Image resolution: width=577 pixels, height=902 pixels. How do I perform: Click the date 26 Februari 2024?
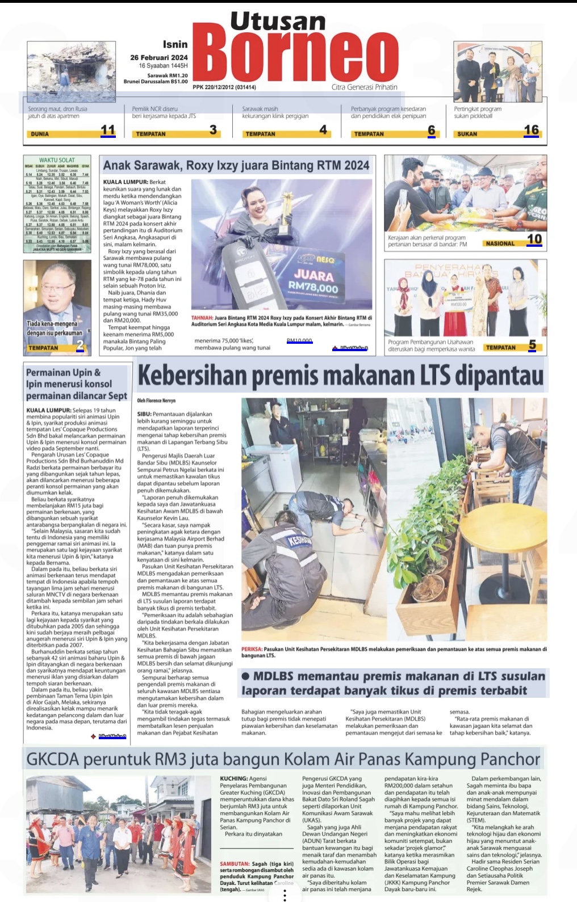[158, 57]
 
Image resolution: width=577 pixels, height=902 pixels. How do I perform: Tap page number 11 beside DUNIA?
[108, 130]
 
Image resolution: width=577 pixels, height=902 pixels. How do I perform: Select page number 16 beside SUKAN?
[531, 130]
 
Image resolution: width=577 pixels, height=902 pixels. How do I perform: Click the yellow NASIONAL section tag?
[500, 243]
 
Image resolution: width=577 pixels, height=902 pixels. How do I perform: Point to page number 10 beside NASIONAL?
[534, 239]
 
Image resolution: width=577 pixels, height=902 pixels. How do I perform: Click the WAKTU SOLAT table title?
[57, 160]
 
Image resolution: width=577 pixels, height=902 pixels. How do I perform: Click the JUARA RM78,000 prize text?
[313, 281]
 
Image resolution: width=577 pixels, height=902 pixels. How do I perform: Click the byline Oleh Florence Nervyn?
[156, 401]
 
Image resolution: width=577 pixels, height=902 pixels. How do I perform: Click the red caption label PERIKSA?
[252, 649]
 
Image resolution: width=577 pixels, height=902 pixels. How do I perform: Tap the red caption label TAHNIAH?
[202, 318]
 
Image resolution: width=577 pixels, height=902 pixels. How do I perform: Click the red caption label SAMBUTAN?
[234, 864]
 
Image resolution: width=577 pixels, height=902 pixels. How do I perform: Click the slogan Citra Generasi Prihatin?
[364, 87]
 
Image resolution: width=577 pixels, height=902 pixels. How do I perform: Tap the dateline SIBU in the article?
[144, 414]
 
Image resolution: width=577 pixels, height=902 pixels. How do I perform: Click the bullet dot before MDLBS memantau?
[245, 676]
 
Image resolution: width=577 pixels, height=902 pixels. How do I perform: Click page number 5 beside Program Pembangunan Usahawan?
[532, 345]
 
